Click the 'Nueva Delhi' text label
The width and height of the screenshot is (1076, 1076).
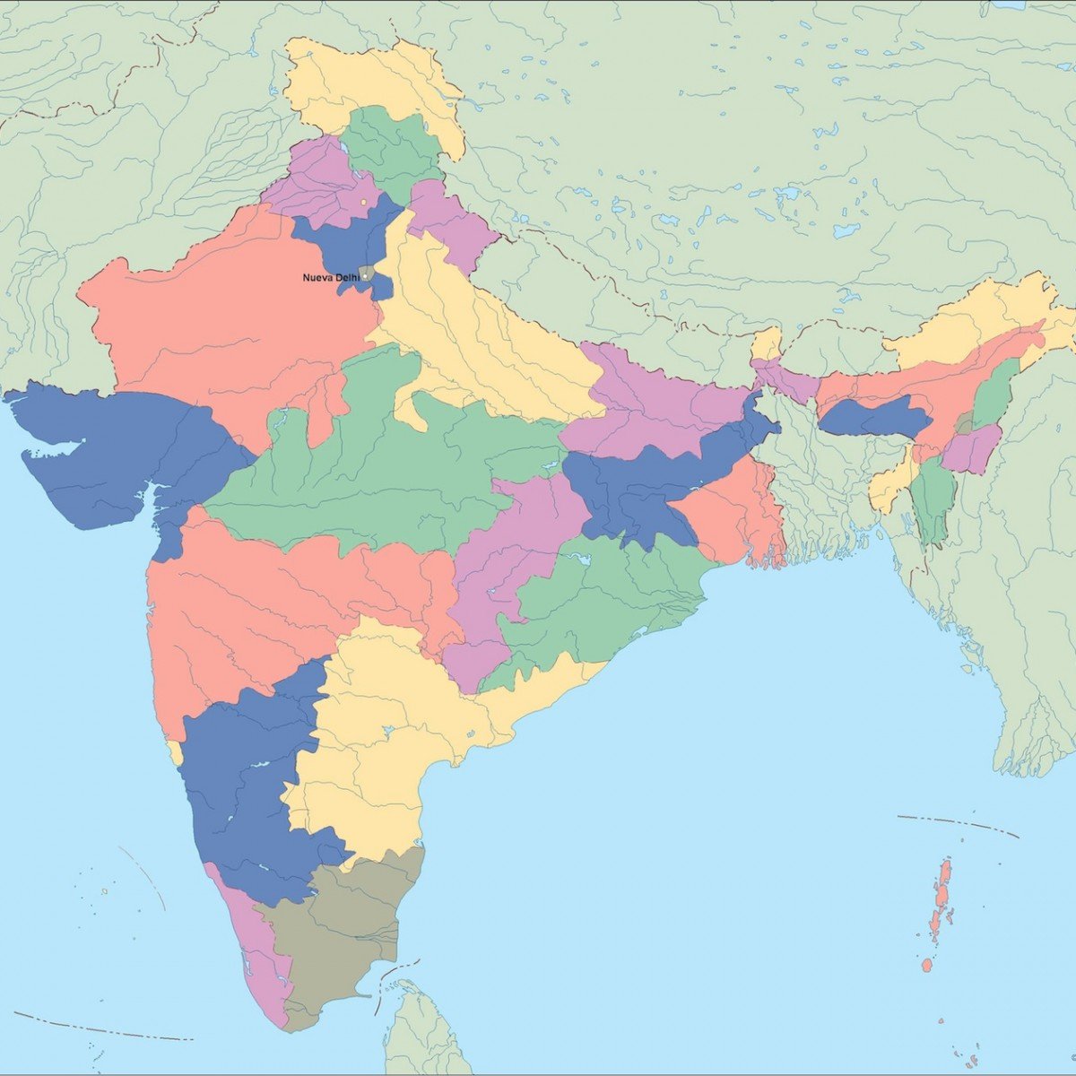pos(330,278)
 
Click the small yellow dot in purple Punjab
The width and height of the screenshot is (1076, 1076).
pos(362,203)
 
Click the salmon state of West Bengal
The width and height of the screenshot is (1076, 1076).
pos(731,516)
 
